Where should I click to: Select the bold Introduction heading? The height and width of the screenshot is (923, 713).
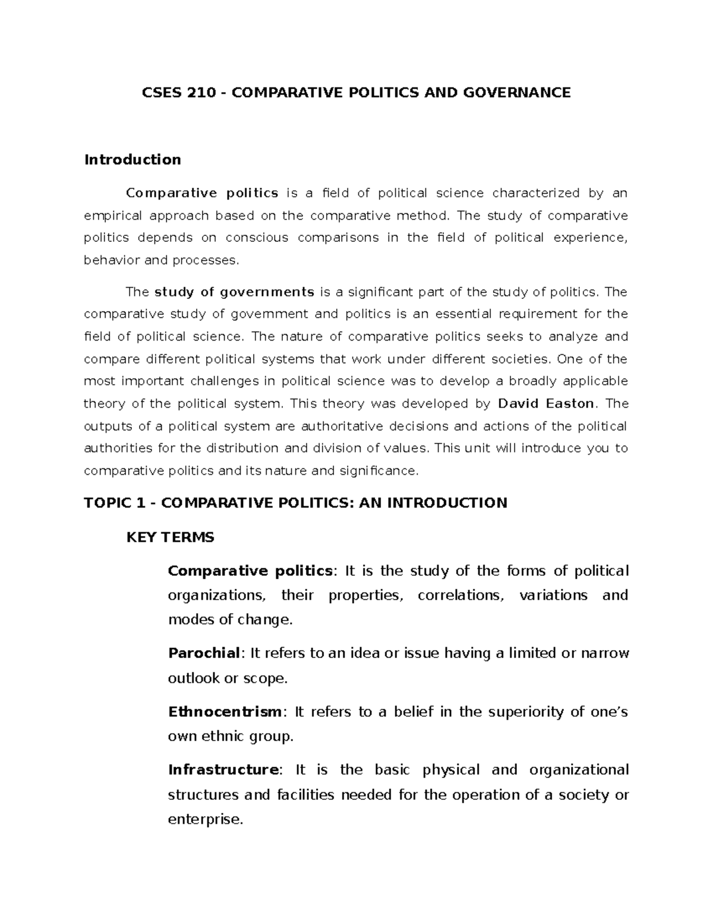pyautogui.click(x=132, y=159)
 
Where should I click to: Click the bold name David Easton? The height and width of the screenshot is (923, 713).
pyautogui.click(x=545, y=404)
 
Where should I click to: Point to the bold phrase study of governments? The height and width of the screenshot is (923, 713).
pyautogui.click(x=234, y=292)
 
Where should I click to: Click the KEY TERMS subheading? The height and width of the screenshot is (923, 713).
pyautogui.click(x=171, y=537)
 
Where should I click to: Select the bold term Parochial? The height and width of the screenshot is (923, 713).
pyautogui.click(x=203, y=653)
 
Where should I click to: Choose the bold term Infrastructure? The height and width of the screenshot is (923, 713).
pyautogui.click(x=223, y=770)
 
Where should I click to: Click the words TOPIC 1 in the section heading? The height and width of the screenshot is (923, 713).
pyautogui.click(x=115, y=503)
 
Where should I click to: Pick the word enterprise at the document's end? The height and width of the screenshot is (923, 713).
pyautogui.click(x=204, y=820)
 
